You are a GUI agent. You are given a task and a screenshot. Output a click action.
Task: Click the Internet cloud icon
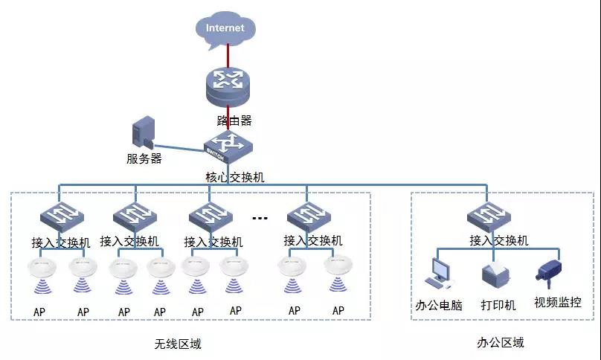point(225,29)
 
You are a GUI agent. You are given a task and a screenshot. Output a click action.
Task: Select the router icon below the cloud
point(228,87)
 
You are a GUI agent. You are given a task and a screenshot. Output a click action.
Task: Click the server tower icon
point(143,134)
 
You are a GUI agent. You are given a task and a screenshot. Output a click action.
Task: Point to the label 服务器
point(144,158)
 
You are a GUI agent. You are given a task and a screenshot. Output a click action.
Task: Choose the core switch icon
point(228,143)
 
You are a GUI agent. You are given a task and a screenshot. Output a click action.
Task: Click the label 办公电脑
point(439,304)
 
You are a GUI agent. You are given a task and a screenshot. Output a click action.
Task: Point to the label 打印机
point(498,304)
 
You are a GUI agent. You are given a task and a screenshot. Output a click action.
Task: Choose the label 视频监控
point(557,302)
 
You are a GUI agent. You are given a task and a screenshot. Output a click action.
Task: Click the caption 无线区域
point(178,344)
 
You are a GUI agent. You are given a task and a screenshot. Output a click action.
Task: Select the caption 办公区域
point(500,343)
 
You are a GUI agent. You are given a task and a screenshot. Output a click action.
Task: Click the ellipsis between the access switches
point(260,218)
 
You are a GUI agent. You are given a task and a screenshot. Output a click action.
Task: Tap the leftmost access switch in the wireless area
point(62,216)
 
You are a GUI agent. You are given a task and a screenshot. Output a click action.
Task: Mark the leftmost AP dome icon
point(39,266)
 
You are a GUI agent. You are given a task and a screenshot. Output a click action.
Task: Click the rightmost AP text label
point(338,310)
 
